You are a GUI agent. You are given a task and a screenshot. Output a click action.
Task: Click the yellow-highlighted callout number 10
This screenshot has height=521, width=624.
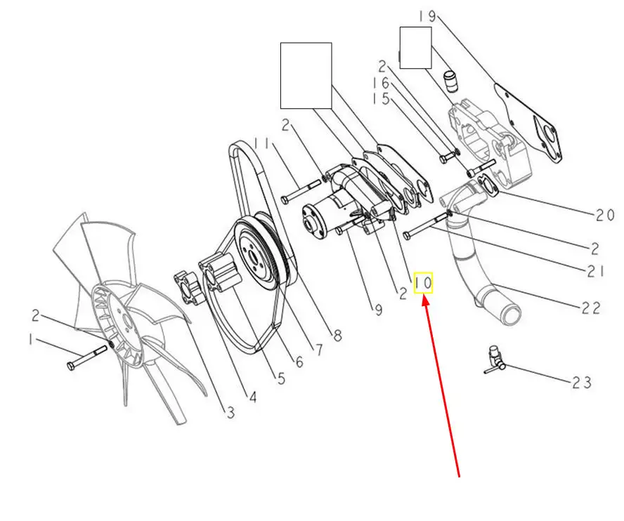pos(423,283)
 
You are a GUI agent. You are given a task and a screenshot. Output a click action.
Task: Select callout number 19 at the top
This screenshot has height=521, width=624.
pos(428,17)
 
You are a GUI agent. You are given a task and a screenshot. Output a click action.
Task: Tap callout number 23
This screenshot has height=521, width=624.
pos(582,383)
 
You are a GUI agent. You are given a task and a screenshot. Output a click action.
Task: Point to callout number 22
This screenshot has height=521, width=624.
pos(591,308)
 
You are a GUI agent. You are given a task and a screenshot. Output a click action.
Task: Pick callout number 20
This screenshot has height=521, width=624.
pos(605,215)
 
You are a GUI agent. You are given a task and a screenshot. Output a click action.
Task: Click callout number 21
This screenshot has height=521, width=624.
pos(596,272)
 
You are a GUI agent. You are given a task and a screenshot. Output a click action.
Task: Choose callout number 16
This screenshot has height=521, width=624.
pos(381,83)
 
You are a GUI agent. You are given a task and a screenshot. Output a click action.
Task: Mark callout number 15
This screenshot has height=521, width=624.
pos(381,98)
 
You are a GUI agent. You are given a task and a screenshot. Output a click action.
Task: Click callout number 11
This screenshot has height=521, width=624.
pos(263,143)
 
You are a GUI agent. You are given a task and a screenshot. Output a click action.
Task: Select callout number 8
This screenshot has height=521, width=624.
pos(337,336)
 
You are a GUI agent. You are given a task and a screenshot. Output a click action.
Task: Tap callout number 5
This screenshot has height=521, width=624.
pos(281,378)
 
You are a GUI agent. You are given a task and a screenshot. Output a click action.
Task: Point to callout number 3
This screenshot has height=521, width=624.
pos(230,412)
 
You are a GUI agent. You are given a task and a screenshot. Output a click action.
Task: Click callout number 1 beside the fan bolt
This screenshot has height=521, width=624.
pos(31,340)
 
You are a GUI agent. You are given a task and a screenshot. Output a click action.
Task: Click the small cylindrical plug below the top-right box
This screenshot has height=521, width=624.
pos(450,81)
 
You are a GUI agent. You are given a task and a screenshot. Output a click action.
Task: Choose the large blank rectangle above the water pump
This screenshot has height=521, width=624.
pos(306,76)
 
